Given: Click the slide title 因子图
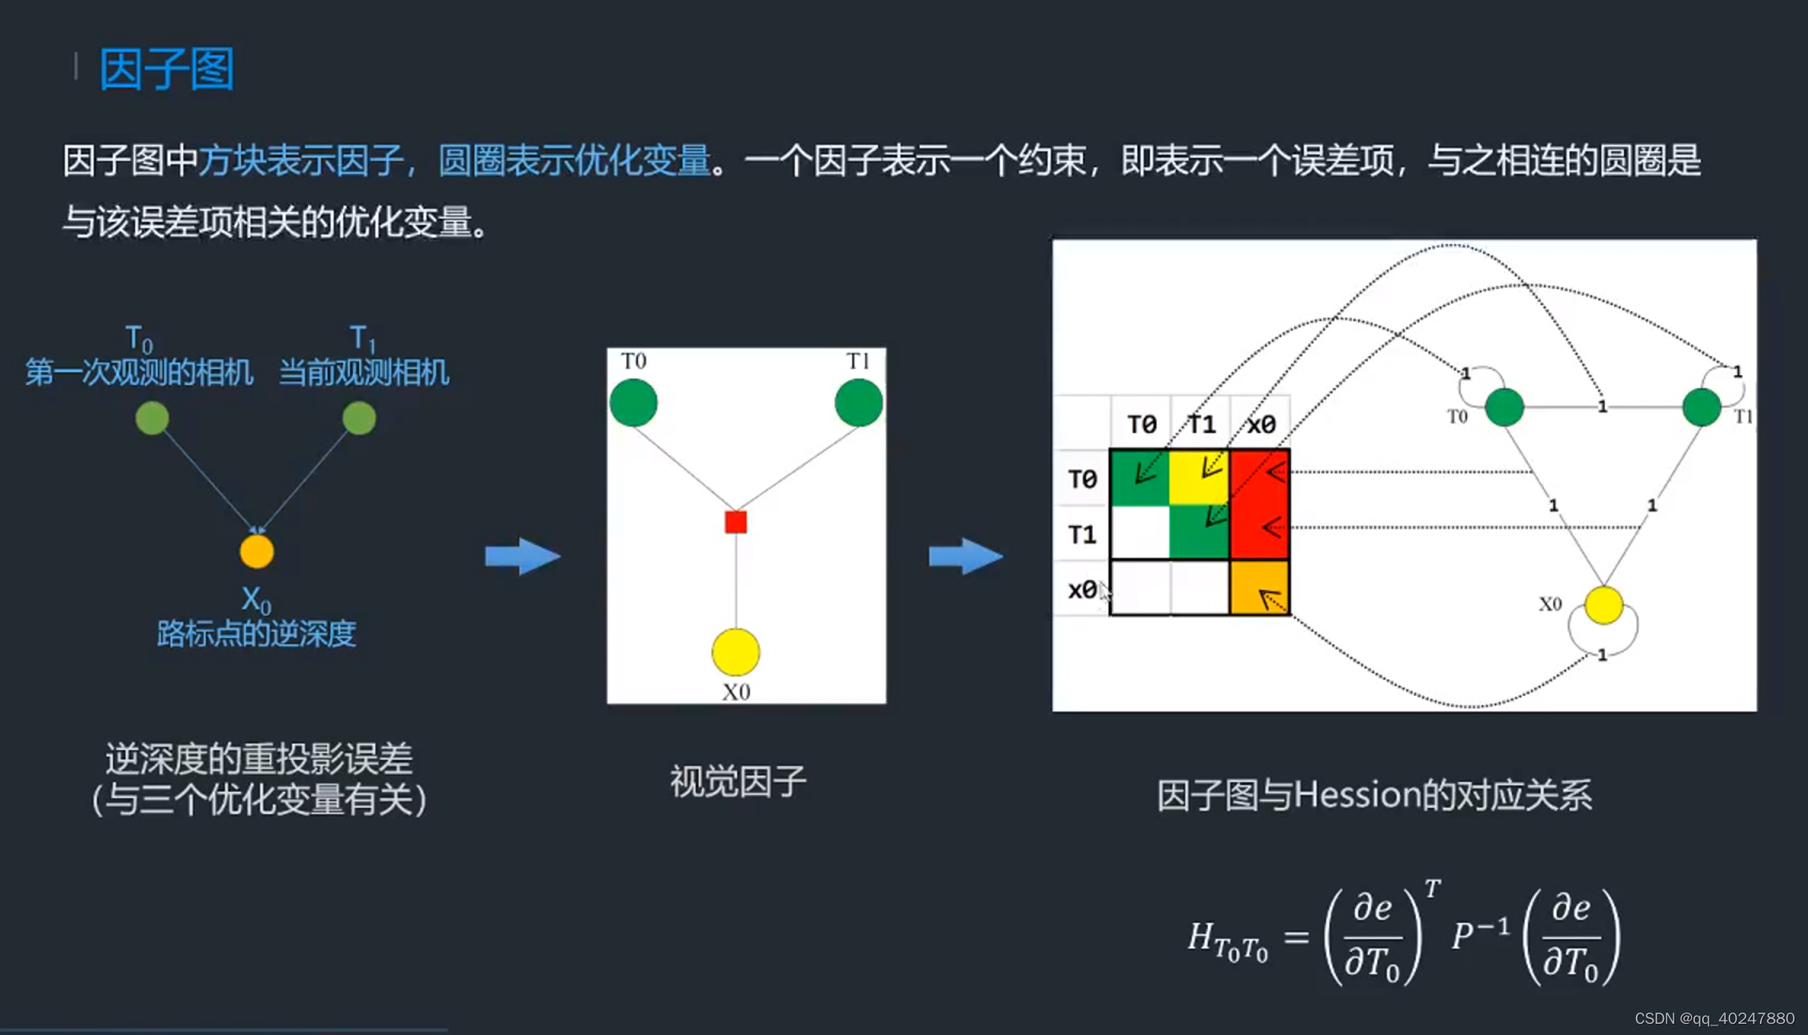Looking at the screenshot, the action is click(166, 69).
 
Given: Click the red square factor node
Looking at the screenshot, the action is click(736, 522).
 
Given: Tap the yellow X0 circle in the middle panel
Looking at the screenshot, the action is click(736, 652).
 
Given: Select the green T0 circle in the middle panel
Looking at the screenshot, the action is click(633, 403).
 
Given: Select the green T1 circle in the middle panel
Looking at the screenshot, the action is click(858, 403).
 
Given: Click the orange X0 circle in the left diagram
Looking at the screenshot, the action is click(257, 552).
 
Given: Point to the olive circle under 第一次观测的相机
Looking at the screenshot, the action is click(152, 418).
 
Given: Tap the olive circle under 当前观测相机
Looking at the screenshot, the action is click(359, 418).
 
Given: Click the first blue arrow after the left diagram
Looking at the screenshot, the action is click(522, 556).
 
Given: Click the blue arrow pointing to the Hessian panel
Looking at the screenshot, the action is click(965, 556).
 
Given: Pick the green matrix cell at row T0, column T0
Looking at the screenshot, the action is click(1140, 478).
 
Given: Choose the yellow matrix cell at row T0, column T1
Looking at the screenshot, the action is click(1199, 478).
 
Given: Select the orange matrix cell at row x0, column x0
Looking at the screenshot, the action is click(1259, 588).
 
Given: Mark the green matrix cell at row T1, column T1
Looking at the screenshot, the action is click(1199, 533).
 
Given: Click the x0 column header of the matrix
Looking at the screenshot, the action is click(1261, 423).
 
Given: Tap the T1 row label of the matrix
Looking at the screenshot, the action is click(1082, 534).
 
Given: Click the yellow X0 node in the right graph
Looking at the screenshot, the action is click(1603, 604).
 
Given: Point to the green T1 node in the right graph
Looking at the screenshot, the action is click(1702, 407).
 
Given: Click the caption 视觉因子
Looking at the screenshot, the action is click(738, 781).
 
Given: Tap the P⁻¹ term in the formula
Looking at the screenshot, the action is click(1480, 933).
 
